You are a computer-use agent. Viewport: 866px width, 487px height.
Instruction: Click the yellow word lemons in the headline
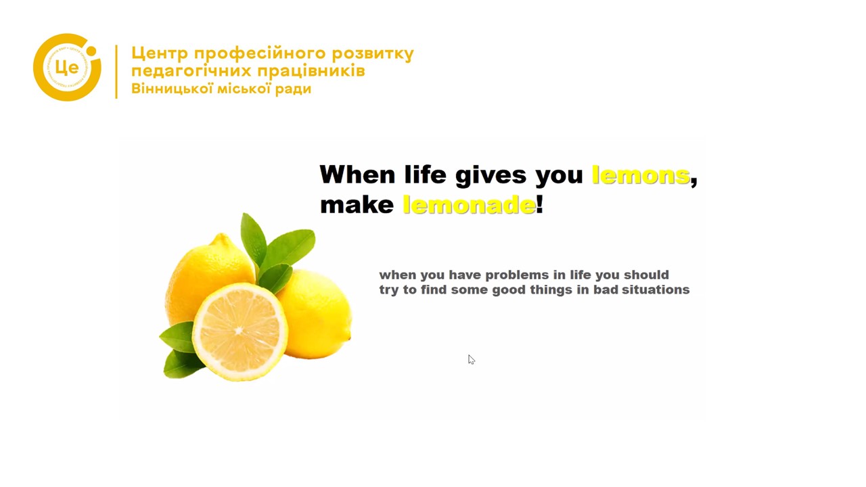coord(641,175)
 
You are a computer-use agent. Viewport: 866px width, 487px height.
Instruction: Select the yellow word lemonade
coord(469,204)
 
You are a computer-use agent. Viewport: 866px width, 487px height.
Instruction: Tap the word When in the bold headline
coord(358,175)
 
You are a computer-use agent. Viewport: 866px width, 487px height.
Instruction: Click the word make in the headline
coord(357,205)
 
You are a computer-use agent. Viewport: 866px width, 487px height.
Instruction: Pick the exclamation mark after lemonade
coord(540,204)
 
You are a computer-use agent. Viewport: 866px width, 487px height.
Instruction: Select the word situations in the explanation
coord(656,289)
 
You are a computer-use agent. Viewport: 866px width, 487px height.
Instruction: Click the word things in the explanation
coord(551,290)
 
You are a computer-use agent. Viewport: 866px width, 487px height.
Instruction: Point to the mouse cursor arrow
coord(472,360)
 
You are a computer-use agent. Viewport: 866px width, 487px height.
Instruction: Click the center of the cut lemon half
coord(240,331)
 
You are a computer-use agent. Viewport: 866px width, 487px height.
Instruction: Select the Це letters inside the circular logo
coord(67,68)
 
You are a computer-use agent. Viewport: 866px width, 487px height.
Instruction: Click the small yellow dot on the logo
coord(91,51)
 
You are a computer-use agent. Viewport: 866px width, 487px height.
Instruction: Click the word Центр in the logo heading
coord(160,53)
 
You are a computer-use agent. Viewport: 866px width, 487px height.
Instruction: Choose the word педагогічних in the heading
coord(191,71)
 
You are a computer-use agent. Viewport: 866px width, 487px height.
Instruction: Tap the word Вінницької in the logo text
coord(172,89)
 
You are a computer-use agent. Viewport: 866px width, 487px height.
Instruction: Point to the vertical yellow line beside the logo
coord(116,72)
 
